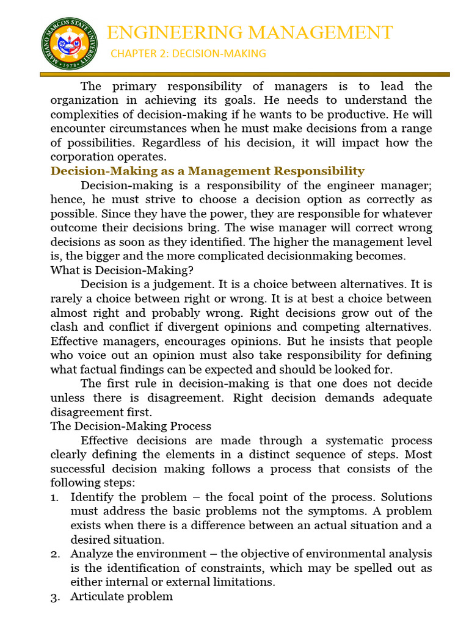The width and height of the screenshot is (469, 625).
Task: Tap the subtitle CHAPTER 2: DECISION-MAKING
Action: click(x=188, y=54)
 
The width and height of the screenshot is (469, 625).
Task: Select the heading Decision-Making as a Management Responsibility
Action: click(x=207, y=171)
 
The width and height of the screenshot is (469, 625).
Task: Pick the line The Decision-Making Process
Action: click(x=130, y=426)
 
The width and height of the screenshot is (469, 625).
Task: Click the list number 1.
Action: click(x=54, y=497)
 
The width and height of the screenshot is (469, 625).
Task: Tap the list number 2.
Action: click(x=54, y=554)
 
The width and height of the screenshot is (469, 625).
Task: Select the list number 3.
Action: click(x=54, y=597)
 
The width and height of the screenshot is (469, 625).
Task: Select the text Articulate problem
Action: click(x=122, y=597)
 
